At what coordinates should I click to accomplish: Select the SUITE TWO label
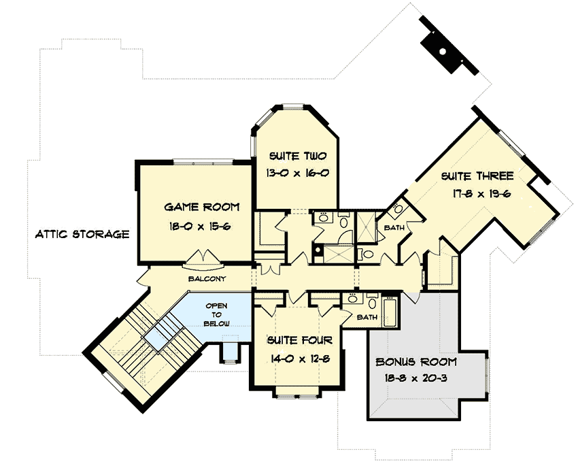pyautogui.click(x=296, y=156)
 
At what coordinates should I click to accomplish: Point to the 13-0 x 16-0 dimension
pyautogui.click(x=297, y=173)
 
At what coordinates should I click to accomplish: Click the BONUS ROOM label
pyautogui.click(x=416, y=361)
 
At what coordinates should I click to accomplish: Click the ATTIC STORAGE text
pyautogui.click(x=82, y=235)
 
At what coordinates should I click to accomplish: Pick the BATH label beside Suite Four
pyautogui.click(x=367, y=317)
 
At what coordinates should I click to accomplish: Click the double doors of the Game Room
pyautogui.click(x=204, y=258)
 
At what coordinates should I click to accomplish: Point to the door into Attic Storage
pyautogui.click(x=141, y=278)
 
